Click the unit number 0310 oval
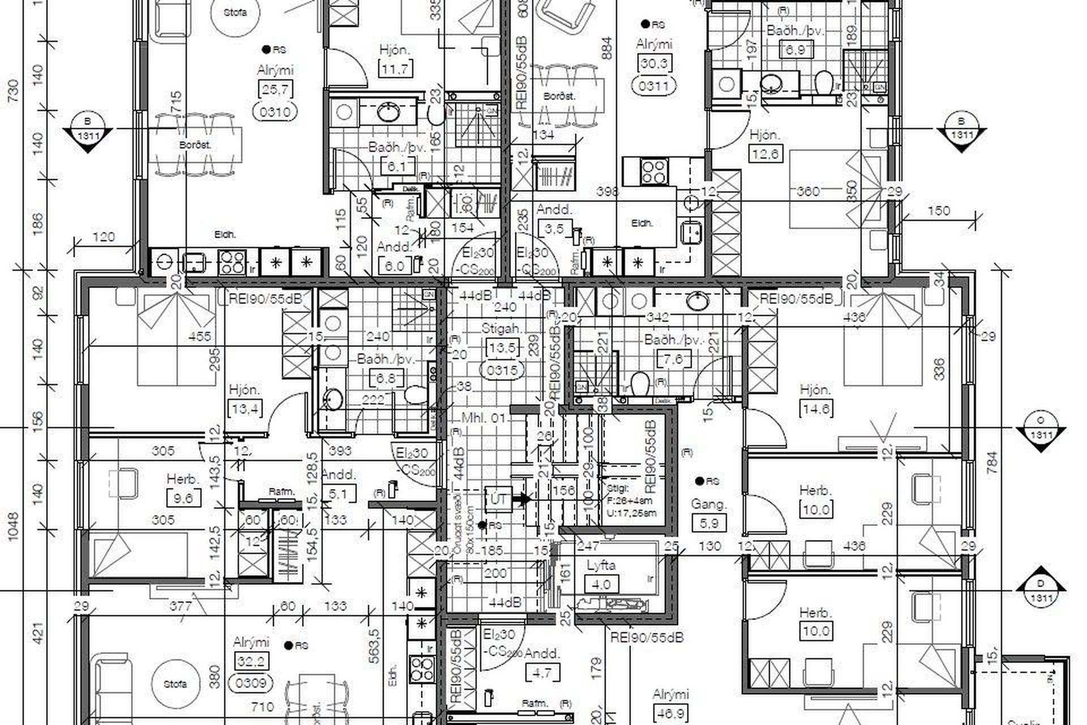[x=275, y=112]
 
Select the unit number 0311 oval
[x=653, y=86]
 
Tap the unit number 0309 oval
[x=250, y=683]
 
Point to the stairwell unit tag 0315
[x=502, y=370]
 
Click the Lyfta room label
[x=601, y=565]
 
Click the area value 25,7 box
[x=275, y=89]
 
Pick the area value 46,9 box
[x=670, y=713]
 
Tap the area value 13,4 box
[x=245, y=408]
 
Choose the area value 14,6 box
[x=816, y=408]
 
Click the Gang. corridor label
[x=709, y=504]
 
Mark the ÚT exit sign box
[x=498, y=499]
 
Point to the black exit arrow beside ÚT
[x=523, y=499]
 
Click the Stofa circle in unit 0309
[x=176, y=684]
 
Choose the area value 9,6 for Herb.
[x=184, y=498]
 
